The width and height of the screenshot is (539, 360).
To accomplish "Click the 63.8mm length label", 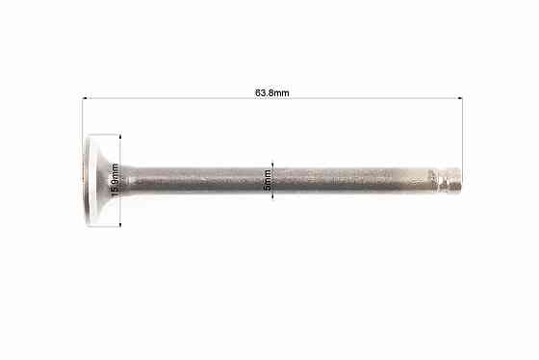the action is (271, 93).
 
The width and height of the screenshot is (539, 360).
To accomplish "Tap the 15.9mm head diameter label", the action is (115, 180).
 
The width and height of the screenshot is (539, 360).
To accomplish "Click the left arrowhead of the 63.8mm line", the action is (85, 98).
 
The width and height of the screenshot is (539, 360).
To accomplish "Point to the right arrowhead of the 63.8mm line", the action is (460, 98).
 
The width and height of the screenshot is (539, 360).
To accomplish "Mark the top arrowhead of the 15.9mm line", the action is (120, 137).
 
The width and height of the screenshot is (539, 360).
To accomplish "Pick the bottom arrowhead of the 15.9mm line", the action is (120, 224).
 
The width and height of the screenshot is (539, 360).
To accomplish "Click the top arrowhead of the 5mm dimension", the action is (272, 165).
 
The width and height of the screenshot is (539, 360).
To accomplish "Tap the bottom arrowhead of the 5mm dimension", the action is (272, 196).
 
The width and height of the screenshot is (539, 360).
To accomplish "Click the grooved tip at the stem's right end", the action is (450, 179).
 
